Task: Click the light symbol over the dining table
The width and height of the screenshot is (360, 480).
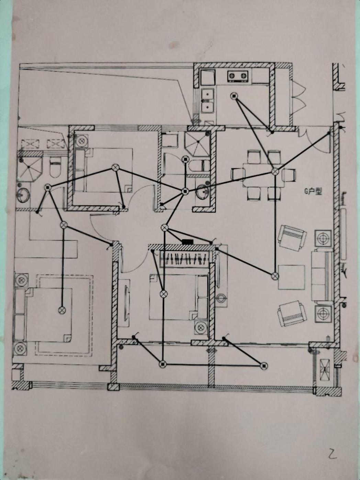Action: coord(275,171)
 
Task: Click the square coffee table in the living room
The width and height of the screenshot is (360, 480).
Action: coord(291,277)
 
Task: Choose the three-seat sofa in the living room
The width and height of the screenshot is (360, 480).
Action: coord(322,276)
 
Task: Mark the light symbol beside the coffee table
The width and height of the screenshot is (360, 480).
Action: coord(274,276)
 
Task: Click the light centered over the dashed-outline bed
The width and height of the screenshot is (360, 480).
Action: coord(62,310)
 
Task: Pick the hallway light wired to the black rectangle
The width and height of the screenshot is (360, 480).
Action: coord(165,227)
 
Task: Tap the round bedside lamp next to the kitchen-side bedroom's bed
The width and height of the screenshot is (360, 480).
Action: coord(82,141)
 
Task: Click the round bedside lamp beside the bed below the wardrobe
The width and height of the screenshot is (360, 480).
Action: coord(201,328)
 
